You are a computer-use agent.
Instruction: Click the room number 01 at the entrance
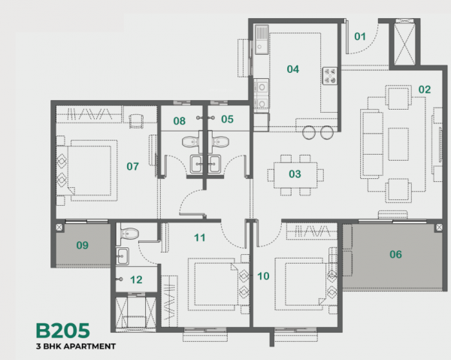(360, 35)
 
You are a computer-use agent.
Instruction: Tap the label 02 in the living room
(425, 89)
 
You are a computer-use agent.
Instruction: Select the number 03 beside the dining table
(295, 174)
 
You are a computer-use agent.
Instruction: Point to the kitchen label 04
(292, 69)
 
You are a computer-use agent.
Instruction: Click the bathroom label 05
(227, 119)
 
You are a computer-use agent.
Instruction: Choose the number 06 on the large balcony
(395, 255)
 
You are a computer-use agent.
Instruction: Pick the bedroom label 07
(133, 165)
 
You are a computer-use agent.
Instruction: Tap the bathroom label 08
(180, 120)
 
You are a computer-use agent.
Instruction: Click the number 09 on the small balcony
(82, 244)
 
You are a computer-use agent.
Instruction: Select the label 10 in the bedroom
(263, 276)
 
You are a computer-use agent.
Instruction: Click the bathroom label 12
(136, 280)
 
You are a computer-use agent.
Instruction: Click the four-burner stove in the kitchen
(329, 74)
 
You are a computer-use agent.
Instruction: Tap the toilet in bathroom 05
(220, 140)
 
